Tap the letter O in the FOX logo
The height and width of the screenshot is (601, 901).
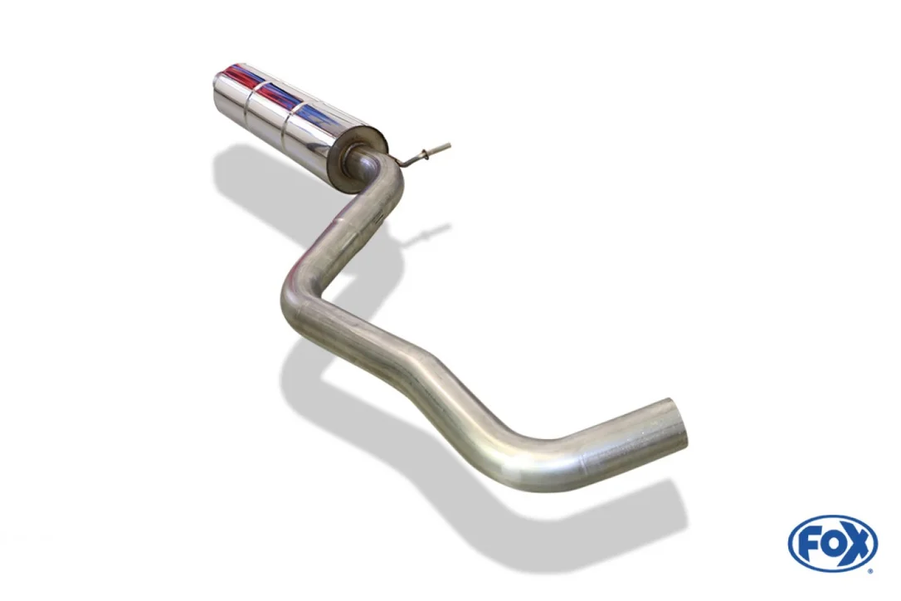832,544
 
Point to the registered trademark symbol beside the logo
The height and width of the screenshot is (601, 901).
871,571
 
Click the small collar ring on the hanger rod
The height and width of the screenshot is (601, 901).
425,154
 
